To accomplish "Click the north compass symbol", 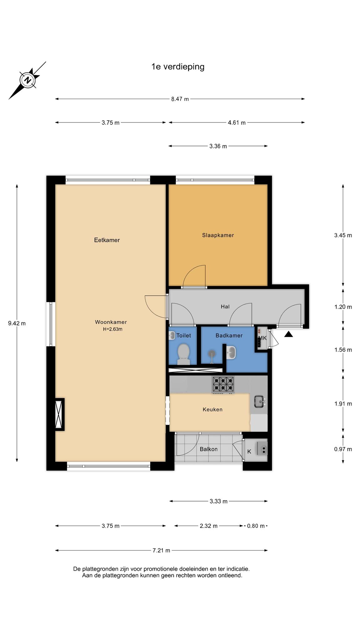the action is [x=28, y=80].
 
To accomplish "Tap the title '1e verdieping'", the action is [x=178, y=67].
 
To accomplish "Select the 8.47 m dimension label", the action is [x=180, y=99].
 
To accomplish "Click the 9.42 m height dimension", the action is [x=17, y=323].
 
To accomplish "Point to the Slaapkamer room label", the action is [x=218, y=235].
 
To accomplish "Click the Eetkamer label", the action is [x=107, y=240].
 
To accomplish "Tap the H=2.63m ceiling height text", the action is [x=112, y=329].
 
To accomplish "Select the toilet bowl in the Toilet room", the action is [x=183, y=354].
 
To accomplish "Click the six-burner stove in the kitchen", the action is [x=223, y=384].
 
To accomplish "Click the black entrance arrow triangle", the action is [x=288, y=334].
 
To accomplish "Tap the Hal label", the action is [x=225, y=307].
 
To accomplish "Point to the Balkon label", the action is [x=208, y=449].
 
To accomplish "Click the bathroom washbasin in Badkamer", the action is [x=231, y=352].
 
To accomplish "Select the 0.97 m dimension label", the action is [x=343, y=449].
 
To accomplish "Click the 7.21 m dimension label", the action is [x=161, y=550].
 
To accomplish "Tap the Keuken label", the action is [x=212, y=409].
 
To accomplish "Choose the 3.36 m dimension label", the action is [x=218, y=146].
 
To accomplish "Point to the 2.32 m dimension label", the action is [x=208, y=526].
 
